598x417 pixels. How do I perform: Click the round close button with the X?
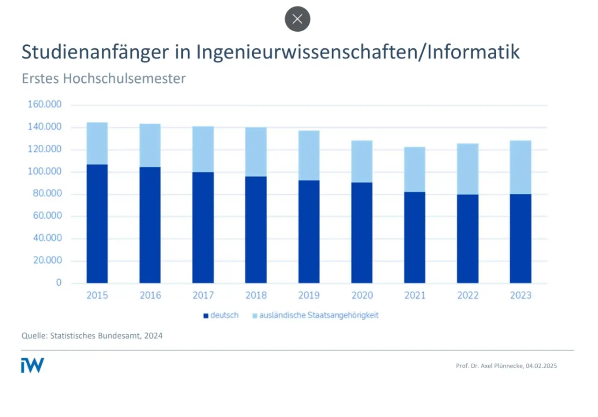298,19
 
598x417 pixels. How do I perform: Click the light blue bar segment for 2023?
520,167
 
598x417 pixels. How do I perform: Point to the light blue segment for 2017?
203,149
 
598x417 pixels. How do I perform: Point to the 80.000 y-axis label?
47,194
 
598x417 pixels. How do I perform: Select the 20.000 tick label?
47,261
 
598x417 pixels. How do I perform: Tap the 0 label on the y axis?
59,283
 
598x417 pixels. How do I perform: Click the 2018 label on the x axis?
256,296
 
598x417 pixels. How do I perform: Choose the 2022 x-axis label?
468,296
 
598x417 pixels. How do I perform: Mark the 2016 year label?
150,296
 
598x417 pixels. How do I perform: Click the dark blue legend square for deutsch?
206,316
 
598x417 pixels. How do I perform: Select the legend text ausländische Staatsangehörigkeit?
320,315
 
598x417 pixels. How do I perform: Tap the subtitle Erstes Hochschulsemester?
103,78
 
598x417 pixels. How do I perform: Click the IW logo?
32,365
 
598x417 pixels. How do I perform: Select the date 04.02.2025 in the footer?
541,366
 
